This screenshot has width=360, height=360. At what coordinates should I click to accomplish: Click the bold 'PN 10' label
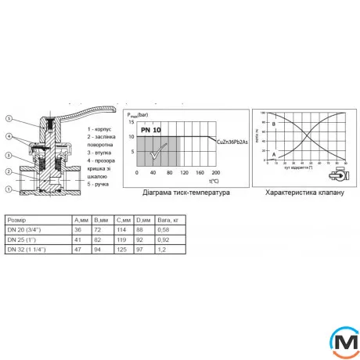[152, 129]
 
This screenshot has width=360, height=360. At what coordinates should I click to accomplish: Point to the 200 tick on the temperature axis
[216, 172]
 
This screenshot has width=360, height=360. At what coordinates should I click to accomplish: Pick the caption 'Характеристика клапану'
[304, 192]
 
